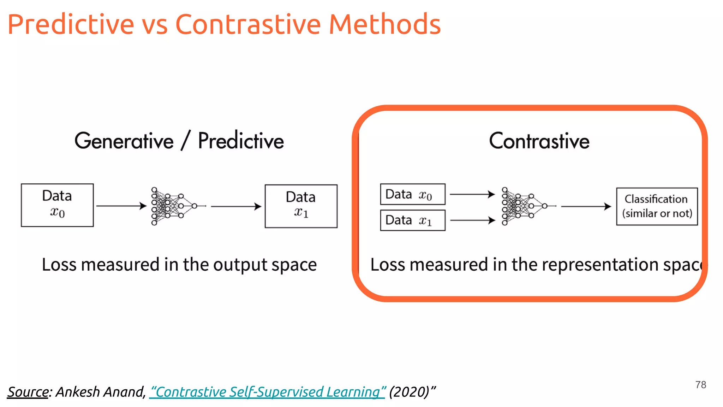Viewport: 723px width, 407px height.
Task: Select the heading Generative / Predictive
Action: [x=179, y=141]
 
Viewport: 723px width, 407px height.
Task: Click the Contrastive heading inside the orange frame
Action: [x=539, y=141]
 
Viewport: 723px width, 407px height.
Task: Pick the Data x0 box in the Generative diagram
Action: [x=57, y=205]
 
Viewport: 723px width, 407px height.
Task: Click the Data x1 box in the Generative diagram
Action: [x=301, y=206]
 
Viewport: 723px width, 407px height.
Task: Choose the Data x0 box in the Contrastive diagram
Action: [x=413, y=194]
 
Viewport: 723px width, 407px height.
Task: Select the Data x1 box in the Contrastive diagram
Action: [x=413, y=220]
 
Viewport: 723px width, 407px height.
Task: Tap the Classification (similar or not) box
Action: [x=657, y=206]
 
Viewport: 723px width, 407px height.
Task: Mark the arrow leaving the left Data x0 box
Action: [x=121, y=206]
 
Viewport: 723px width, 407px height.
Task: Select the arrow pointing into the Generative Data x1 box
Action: [x=236, y=206]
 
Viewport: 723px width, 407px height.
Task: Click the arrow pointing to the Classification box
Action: [x=586, y=206]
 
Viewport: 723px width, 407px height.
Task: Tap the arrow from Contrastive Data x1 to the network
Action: [x=473, y=220]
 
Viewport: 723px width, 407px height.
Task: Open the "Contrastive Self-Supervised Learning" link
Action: [x=267, y=392]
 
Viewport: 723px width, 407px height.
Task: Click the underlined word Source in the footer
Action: [x=28, y=392]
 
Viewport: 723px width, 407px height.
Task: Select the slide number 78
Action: [x=700, y=385]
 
